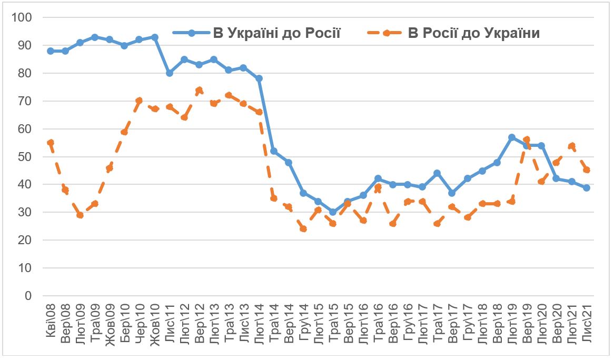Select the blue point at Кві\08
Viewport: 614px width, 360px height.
tap(51, 51)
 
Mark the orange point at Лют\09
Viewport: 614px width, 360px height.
tap(80, 215)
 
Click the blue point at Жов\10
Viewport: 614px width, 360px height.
tap(155, 37)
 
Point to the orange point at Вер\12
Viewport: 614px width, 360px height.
tap(199, 90)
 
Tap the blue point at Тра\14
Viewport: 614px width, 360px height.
tap(274, 151)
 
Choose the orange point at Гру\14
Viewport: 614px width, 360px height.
tap(303, 229)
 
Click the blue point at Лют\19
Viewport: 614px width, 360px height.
tap(512, 137)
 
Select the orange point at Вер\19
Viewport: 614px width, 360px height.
tap(527, 140)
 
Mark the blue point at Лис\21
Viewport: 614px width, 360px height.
tap(586, 187)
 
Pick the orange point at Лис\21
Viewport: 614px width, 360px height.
tap(586, 170)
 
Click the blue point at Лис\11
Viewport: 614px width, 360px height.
tap(170, 73)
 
